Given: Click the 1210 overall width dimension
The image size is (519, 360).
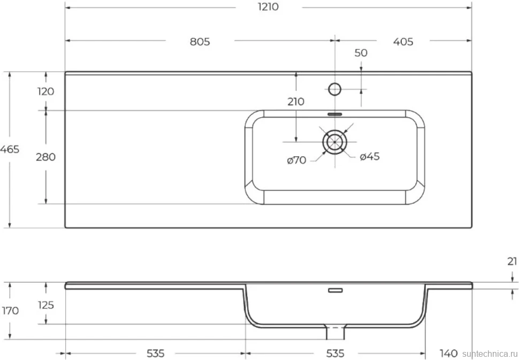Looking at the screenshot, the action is tap(268, 7).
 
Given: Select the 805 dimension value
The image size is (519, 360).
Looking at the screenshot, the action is tap(200, 42).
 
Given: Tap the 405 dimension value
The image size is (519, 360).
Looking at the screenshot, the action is tap(403, 42).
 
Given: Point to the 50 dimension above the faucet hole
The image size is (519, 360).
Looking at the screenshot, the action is tap(361, 53).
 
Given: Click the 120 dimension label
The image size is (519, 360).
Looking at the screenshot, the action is tap(45, 91).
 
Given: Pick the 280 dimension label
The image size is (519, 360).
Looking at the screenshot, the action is tap(45, 157).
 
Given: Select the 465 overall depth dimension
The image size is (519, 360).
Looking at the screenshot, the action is tap(10, 149).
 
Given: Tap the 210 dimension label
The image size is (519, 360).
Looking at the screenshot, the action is tap(295, 102).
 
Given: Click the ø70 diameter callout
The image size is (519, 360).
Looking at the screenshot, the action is tap(296, 160).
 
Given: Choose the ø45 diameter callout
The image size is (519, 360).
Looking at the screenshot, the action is tap(370, 157).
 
